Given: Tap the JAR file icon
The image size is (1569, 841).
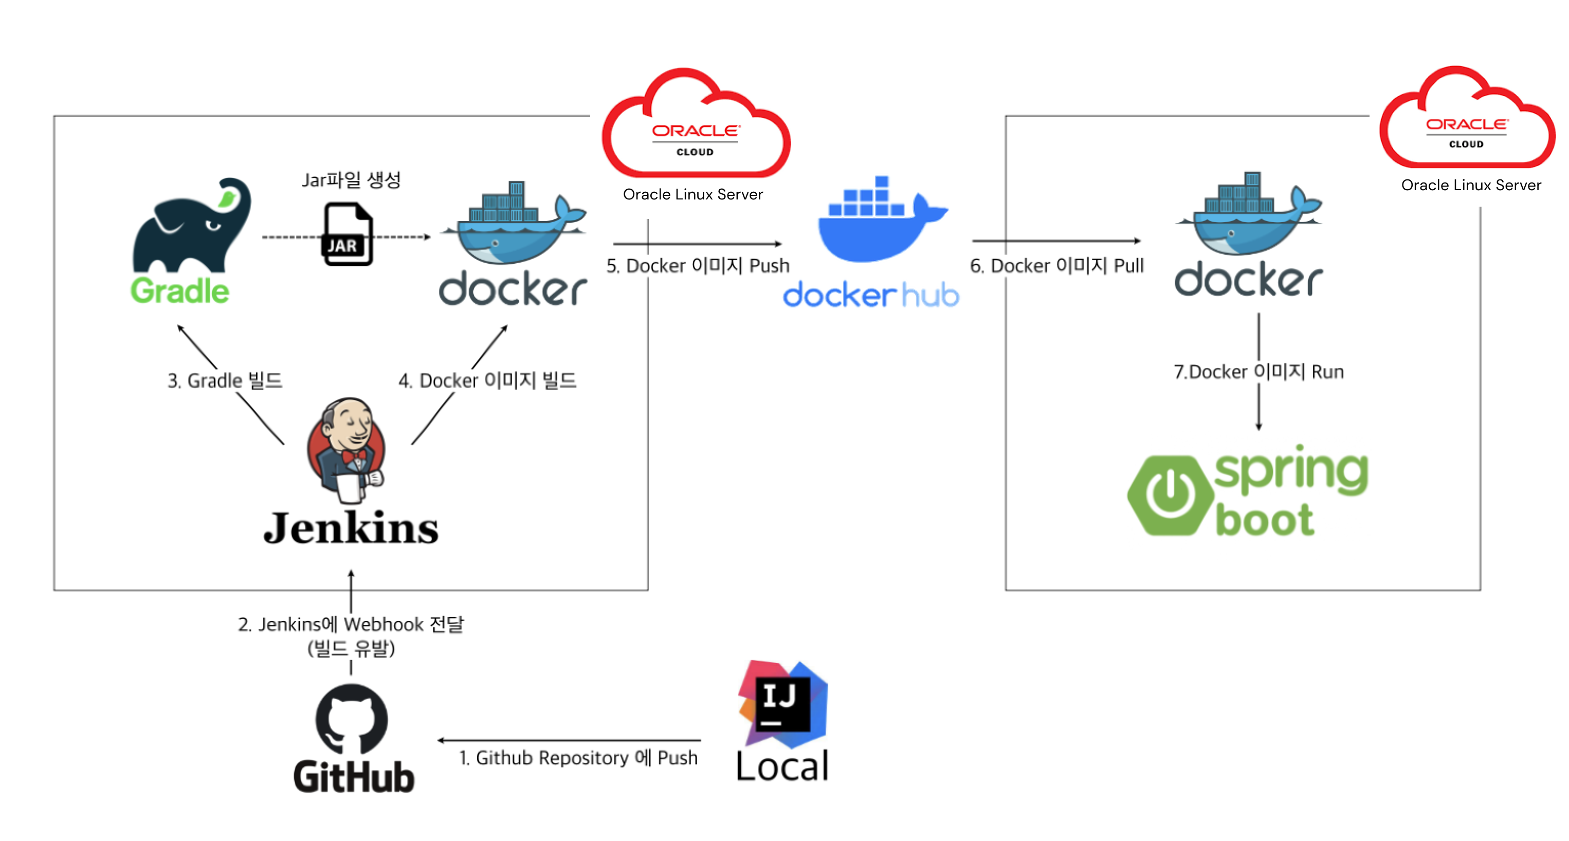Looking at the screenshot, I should click(x=347, y=234).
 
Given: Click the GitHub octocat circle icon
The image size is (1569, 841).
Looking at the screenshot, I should click(x=352, y=719).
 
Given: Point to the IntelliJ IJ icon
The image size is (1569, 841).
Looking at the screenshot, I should click(x=782, y=703).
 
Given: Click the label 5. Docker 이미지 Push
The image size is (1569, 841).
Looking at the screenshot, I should click(x=698, y=266).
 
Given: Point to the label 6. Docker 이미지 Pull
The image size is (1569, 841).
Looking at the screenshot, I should click(x=1057, y=266).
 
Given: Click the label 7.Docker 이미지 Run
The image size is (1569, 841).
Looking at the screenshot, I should click(x=1258, y=372).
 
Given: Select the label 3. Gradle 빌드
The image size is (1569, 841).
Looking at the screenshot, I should click(x=225, y=380).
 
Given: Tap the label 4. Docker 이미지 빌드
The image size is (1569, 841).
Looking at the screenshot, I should click(x=487, y=380).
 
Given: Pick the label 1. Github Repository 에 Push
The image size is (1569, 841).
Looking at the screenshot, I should click(x=578, y=758).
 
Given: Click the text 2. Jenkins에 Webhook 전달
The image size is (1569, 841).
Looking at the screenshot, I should click(x=351, y=624).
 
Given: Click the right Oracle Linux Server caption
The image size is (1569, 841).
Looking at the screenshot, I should click(x=1470, y=185).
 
